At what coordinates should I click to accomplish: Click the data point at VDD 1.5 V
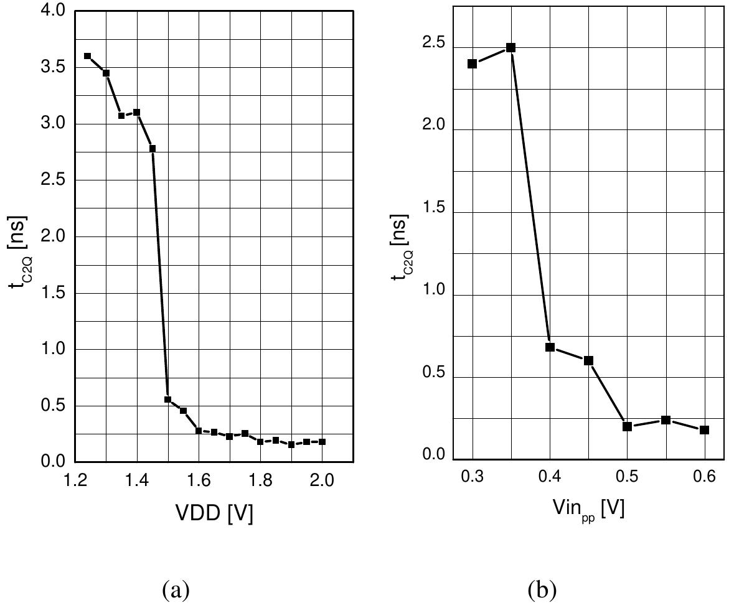click(x=167, y=400)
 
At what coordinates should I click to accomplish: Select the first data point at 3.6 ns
click(x=87, y=56)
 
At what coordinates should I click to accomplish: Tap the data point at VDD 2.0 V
click(x=322, y=442)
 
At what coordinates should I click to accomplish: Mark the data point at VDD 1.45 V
click(x=153, y=148)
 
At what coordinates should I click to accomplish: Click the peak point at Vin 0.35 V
click(x=511, y=47)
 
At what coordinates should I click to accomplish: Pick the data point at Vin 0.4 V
click(x=550, y=347)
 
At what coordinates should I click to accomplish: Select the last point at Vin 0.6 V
click(x=704, y=430)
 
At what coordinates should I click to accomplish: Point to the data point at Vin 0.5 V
click(x=627, y=426)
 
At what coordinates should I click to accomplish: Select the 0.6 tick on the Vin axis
click(x=704, y=477)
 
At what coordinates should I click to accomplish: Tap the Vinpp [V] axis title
click(x=588, y=510)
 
